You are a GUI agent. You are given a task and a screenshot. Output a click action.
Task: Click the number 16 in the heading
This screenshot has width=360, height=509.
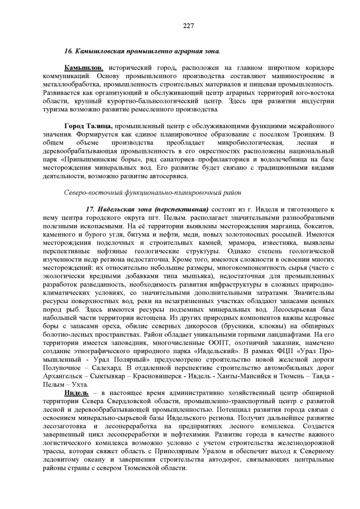click(x=68, y=51)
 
